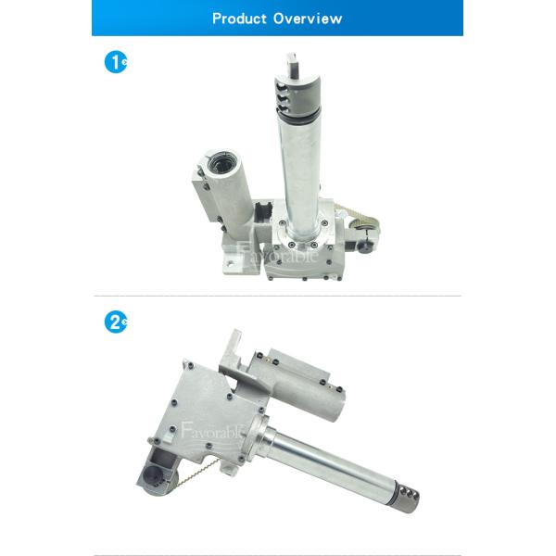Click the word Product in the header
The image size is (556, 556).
239,19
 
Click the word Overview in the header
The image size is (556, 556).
308,19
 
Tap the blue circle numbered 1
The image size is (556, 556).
115,62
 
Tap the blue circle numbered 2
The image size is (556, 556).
115,322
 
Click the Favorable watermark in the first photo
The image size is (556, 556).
277,254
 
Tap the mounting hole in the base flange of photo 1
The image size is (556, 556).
231,263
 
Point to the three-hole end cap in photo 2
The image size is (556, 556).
408,495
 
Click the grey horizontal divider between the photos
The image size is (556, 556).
278,296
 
